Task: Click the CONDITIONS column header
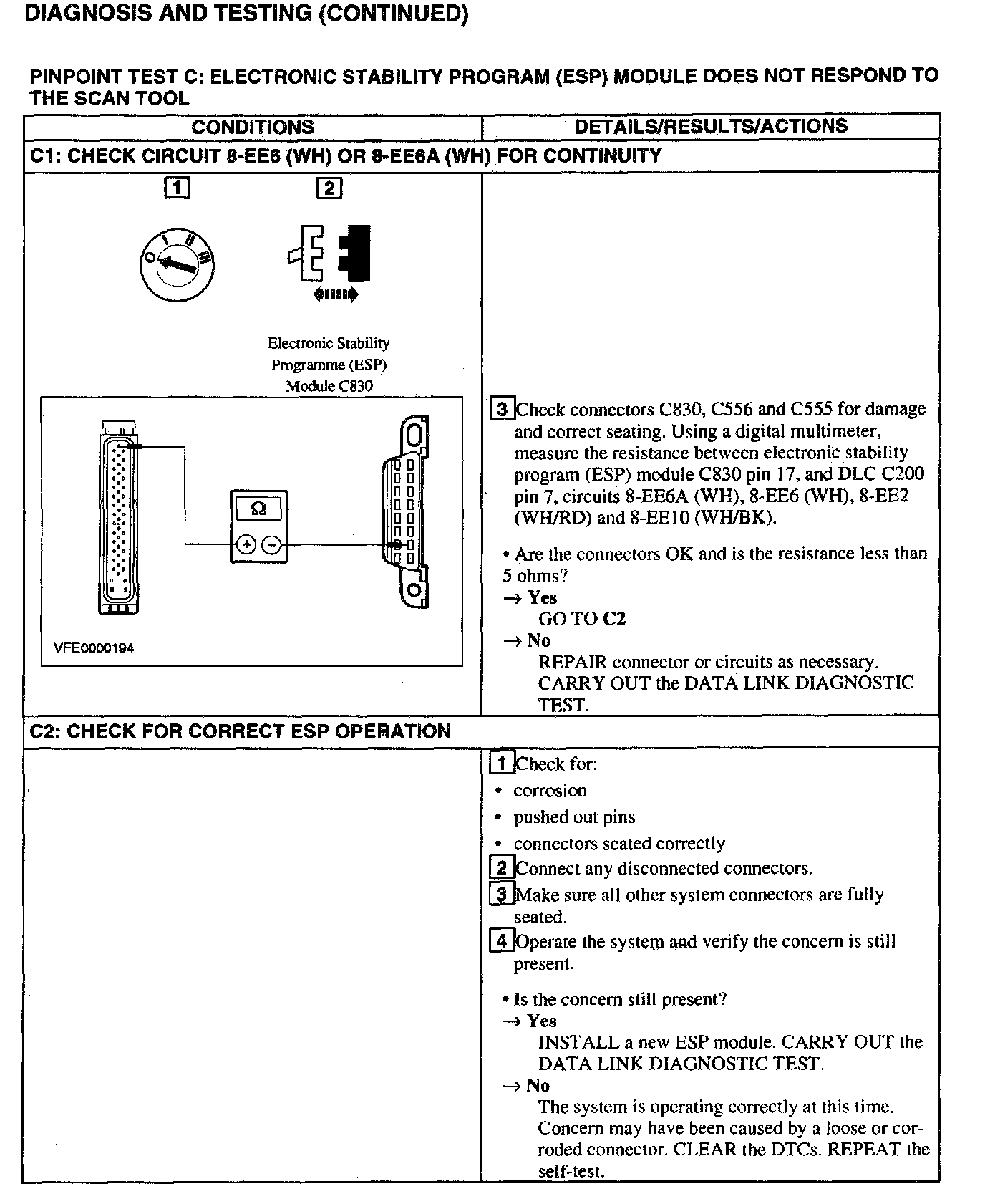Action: (253, 127)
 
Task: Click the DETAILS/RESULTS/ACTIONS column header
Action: (710, 126)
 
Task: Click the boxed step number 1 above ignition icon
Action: (177, 188)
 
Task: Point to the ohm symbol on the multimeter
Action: (258, 509)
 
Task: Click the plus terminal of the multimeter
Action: (246, 545)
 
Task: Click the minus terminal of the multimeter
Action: (271, 545)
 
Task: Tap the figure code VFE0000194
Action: (94, 648)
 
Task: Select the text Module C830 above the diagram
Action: (329, 386)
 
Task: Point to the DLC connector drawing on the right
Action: (407, 512)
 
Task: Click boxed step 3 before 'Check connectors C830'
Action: (502, 409)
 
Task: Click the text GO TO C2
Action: (581, 619)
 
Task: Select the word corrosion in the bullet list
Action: (550, 791)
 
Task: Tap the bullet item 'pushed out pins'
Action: (574, 817)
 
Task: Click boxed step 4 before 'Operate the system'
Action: (502, 941)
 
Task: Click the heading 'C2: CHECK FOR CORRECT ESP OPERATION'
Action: (241, 731)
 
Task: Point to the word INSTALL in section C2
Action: (569, 1042)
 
